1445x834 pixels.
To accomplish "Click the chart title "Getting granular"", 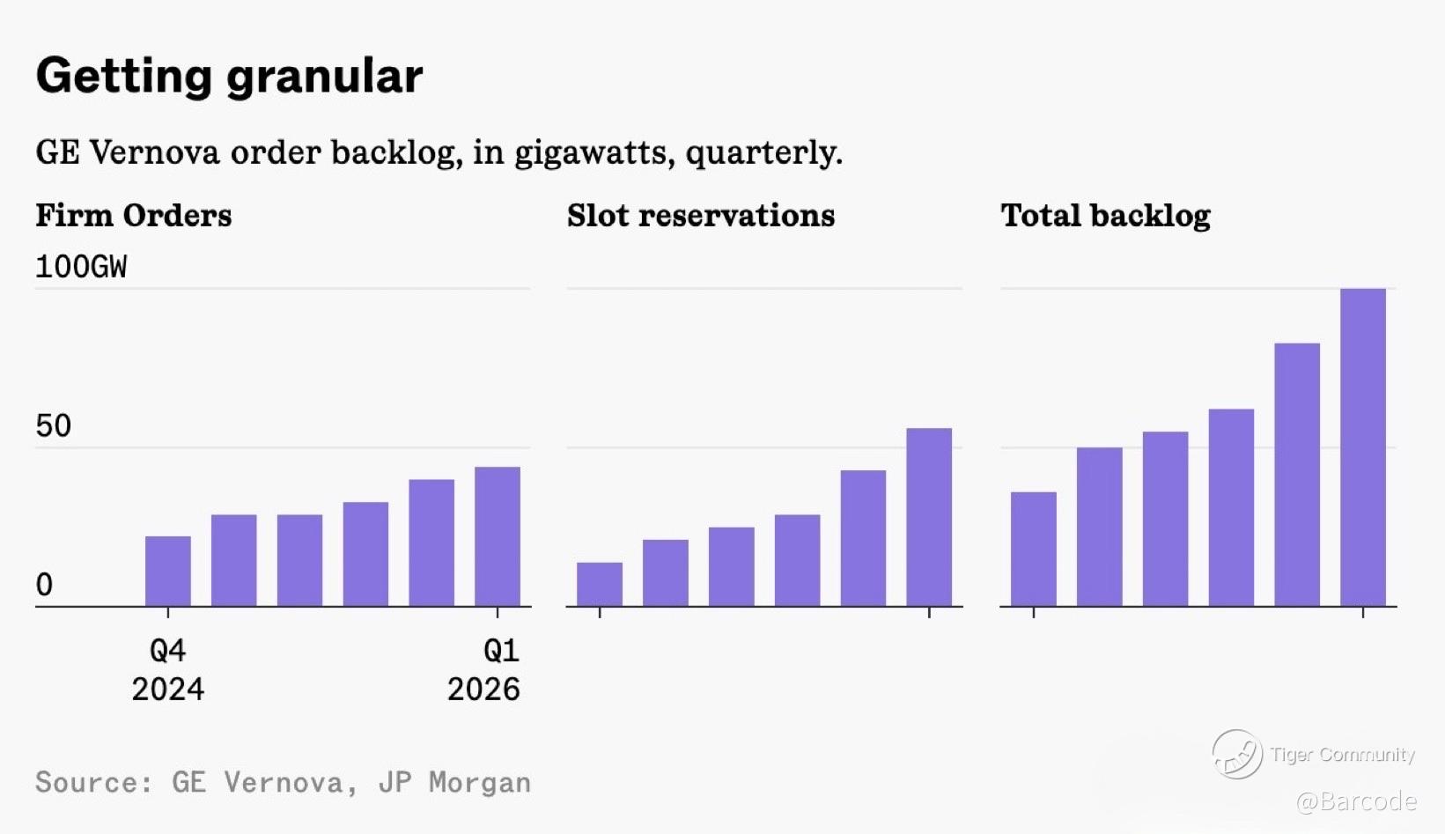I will [x=229, y=76].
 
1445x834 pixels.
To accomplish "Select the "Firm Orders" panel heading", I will [x=134, y=216].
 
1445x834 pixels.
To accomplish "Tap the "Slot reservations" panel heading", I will [x=701, y=216].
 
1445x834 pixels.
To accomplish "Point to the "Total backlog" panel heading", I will [x=1105, y=216].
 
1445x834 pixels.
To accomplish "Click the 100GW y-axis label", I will [x=81, y=267].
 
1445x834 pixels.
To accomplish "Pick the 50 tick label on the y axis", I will [x=54, y=426].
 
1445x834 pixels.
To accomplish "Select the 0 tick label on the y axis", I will [x=44, y=585].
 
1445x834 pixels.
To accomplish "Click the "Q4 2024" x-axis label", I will [x=167, y=669].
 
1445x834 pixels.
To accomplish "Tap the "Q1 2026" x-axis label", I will [x=484, y=669].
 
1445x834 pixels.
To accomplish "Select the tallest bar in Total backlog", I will [x=1362, y=447].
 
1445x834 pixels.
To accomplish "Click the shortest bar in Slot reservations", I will [x=600, y=585].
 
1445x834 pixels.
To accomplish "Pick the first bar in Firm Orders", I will [x=167, y=571].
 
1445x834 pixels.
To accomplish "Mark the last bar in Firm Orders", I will [x=498, y=536].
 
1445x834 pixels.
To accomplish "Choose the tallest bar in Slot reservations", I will [x=929, y=517].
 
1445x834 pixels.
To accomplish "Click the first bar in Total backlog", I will [x=1033, y=549].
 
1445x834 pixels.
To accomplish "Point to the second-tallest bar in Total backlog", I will [x=1297, y=475].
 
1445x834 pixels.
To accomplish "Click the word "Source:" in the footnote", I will [x=93, y=782].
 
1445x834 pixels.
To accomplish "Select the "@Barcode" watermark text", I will [x=1356, y=801].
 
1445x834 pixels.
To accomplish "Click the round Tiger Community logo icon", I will [x=1237, y=754].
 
